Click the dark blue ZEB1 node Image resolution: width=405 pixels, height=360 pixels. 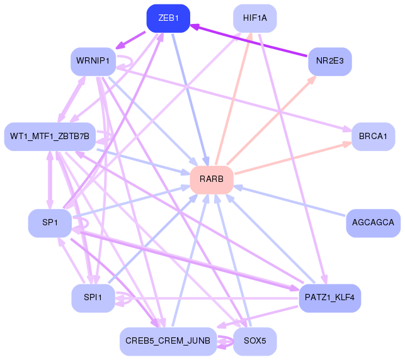(168, 18)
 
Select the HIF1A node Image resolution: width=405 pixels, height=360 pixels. (254, 18)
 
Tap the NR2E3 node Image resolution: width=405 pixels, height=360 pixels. (329, 62)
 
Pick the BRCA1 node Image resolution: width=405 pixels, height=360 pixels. (373, 137)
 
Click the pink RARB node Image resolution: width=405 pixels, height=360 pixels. (212, 180)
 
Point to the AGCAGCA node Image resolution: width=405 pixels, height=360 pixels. (373, 223)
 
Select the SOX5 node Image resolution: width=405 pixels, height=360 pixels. (254, 341)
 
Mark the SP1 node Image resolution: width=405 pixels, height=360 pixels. (50, 223)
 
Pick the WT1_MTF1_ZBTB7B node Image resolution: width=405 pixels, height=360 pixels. (50, 137)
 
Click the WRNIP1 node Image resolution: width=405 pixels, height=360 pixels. (93, 62)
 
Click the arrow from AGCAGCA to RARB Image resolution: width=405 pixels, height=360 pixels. (290, 201)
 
